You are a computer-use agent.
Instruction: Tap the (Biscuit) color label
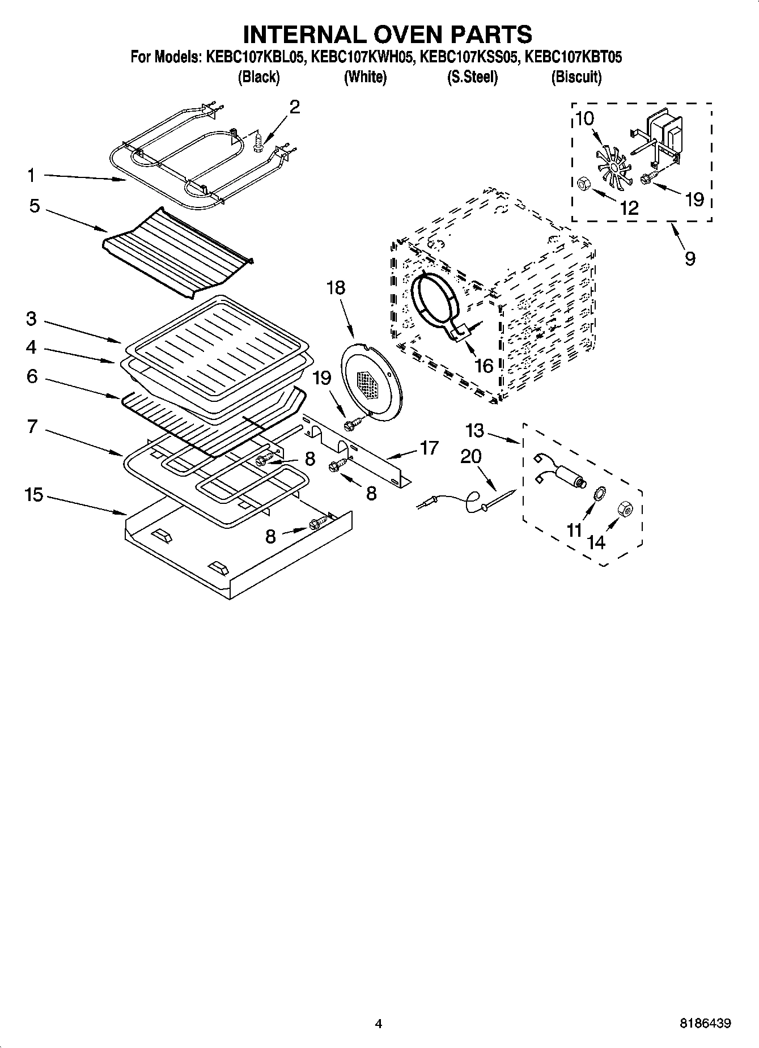(x=576, y=77)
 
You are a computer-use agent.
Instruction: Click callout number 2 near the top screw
(x=294, y=107)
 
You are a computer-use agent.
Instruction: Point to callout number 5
(x=35, y=206)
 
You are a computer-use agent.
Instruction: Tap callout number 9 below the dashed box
(x=689, y=258)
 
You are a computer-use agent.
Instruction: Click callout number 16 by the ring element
(x=483, y=366)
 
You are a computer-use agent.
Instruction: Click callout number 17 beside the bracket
(x=429, y=448)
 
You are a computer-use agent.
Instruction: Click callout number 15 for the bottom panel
(x=34, y=495)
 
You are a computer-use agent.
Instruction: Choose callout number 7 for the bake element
(x=32, y=426)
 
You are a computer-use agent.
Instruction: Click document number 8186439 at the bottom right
(x=705, y=1024)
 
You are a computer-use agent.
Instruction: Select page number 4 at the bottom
(x=379, y=1024)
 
